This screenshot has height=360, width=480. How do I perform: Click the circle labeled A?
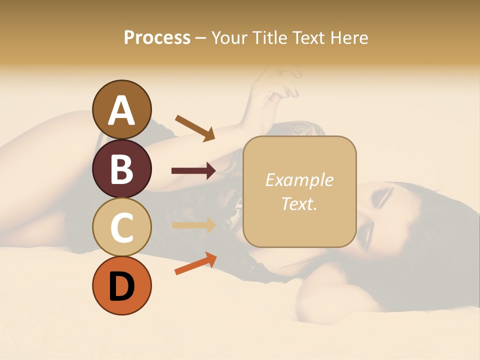coord(121,109)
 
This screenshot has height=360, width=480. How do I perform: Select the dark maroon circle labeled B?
coord(121,168)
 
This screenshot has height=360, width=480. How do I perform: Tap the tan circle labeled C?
coord(121,227)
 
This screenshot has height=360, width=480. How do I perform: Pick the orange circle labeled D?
coord(121,285)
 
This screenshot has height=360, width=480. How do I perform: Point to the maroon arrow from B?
coord(193,171)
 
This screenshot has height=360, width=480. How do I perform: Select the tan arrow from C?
coord(193,225)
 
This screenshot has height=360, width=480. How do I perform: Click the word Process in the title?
coord(157,37)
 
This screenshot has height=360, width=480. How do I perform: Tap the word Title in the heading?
coord(268,37)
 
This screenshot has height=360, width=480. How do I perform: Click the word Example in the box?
coord(299,180)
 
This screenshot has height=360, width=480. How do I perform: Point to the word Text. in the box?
coord(299,203)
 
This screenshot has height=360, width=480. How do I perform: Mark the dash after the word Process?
coord(200,38)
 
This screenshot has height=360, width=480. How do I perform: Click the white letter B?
coord(121,169)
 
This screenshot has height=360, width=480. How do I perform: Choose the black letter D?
coord(121,286)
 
